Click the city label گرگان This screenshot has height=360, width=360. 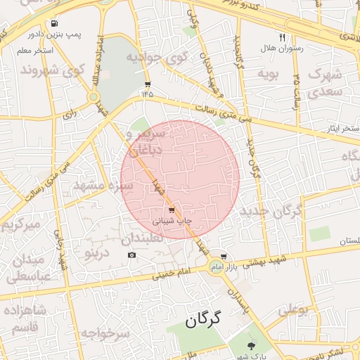click(202, 319)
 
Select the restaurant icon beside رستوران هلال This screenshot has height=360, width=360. click(282, 37)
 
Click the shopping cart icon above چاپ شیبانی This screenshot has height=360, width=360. click(172, 210)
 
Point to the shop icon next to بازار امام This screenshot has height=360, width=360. click(224, 257)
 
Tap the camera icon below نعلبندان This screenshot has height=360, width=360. click(131, 254)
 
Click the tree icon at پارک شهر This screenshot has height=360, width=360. click(252, 345)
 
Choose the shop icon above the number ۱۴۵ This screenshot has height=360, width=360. click(147, 82)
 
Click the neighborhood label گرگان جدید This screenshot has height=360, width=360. click(271, 210)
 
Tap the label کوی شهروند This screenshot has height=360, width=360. click(53, 70)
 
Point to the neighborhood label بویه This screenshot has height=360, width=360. click(269, 72)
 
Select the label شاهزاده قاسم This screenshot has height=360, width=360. click(24, 319)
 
